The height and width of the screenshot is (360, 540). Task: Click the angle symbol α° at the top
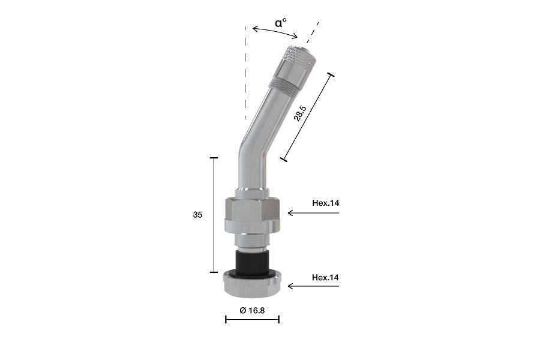coord(281,23)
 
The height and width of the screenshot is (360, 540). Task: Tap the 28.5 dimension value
coord(299,113)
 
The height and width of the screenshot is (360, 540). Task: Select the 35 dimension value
coord(197,215)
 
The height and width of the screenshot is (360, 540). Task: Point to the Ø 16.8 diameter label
coord(253,310)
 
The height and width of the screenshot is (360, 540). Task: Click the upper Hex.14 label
coord(325,203)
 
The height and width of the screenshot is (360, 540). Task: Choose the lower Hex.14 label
coord(325,277)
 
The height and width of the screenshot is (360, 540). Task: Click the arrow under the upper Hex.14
coord(313,213)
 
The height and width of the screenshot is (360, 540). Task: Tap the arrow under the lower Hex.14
coord(313,286)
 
